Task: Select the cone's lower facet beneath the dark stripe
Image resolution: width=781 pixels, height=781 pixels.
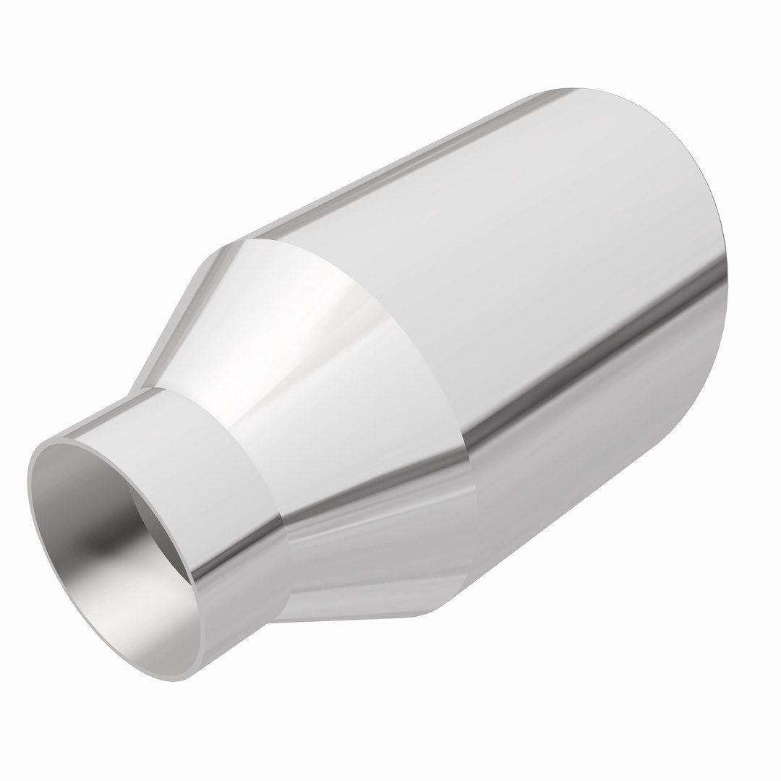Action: tap(376, 571)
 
